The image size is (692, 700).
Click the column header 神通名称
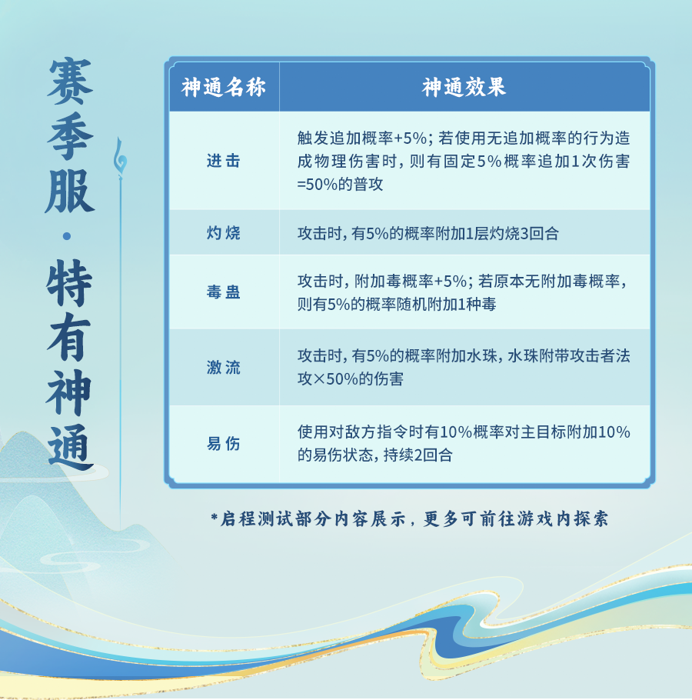click(x=223, y=87)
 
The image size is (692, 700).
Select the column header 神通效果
click(x=464, y=87)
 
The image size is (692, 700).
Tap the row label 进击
click(x=223, y=161)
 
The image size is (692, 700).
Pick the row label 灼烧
click(x=223, y=232)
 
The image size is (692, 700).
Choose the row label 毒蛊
click(x=223, y=292)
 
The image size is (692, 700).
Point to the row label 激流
click(x=223, y=368)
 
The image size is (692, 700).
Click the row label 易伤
click(x=223, y=444)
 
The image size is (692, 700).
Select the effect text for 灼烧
click(x=428, y=233)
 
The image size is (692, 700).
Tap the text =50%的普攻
click(x=340, y=185)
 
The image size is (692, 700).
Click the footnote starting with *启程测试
click(x=410, y=518)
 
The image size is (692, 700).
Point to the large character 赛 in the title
click(x=70, y=81)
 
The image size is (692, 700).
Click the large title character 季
click(x=70, y=135)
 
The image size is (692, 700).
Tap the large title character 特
click(x=69, y=283)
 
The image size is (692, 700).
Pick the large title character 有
click(x=69, y=337)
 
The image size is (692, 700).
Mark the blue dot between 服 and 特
click(x=67, y=236)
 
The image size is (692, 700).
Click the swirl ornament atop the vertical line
click(x=120, y=157)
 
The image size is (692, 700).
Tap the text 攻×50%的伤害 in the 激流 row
click(x=351, y=379)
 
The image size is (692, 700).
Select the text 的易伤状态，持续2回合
click(x=375, y=455)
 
